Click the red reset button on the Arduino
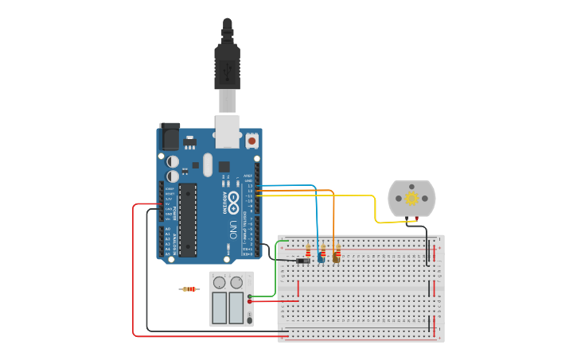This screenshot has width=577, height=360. pos(252,141)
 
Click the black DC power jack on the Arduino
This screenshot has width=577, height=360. pos(170,136)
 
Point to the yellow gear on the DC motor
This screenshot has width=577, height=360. pos(411,198)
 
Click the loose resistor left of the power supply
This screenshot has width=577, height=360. pos(189,289)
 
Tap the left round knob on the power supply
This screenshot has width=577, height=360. pos(220,282)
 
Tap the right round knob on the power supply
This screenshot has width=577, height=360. pos(236,282)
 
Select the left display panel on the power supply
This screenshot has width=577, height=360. pos(220,308)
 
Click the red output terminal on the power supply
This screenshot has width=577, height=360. pos(251,302)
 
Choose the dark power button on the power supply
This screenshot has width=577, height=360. pos(250,319)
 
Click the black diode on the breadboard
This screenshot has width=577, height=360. pos(303,261)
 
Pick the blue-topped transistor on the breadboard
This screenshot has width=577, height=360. pos(321,256)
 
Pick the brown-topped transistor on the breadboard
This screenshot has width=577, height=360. pos(337,256)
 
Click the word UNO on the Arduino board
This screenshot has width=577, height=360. pos(232,230)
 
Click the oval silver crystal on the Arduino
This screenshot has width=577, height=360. pos(208,165)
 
